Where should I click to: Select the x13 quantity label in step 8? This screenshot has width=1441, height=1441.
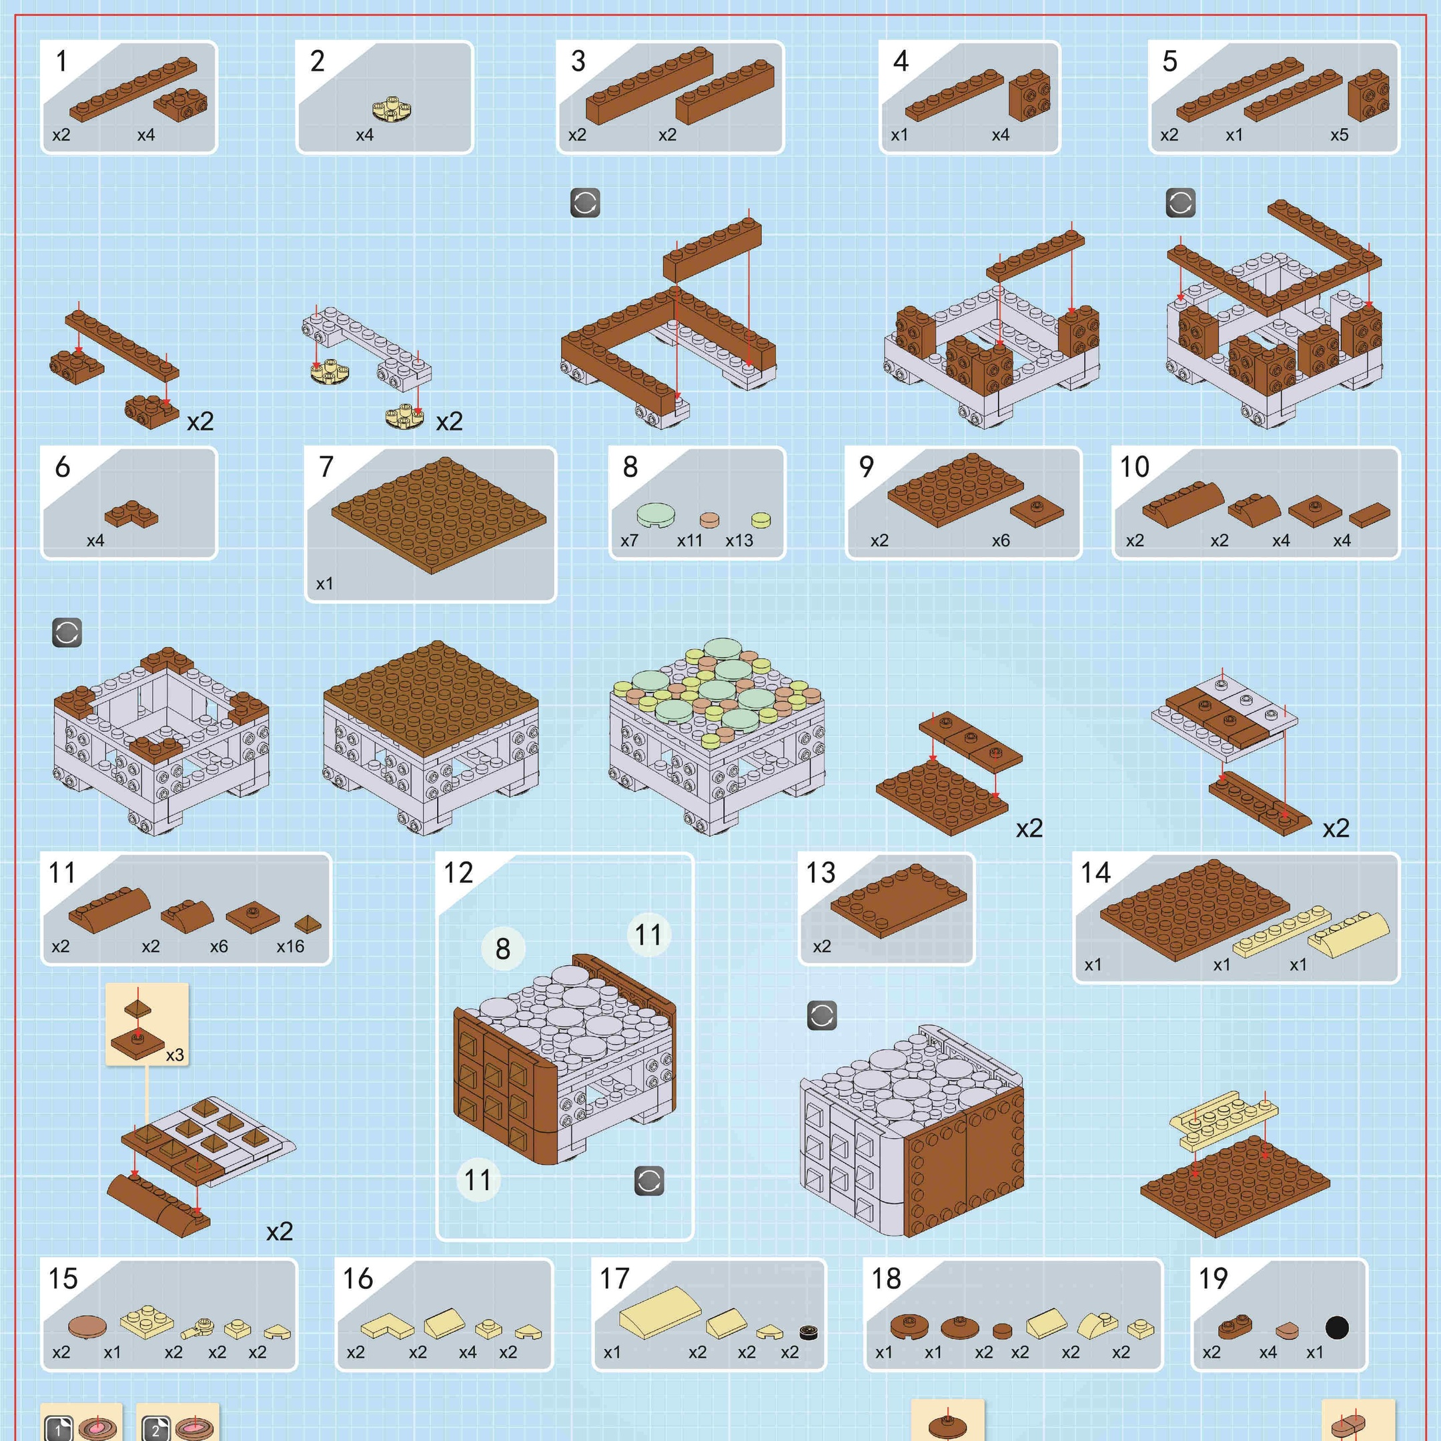click(739, 541)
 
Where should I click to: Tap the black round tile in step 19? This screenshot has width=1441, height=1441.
click(1336, 1328)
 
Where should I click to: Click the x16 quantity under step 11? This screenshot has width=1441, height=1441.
click(290, 947)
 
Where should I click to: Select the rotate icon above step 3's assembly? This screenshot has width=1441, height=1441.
click(585, 203)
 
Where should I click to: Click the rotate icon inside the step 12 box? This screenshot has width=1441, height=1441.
click(649, 1181)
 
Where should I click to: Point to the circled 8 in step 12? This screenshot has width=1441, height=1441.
click(503, 949)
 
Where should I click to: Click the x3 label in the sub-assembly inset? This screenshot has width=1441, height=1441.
click(175, 1055)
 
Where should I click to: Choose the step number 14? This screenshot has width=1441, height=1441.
click(1095, 873)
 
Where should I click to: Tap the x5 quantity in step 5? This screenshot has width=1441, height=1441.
click(1340, 135)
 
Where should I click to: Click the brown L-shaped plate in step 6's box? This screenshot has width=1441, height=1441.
click(131, 514)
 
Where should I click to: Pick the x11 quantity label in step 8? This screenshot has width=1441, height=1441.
click(690, 541)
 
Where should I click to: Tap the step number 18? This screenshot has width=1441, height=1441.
click(886, 1278)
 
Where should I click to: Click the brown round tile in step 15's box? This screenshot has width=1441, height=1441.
click(87, 1327)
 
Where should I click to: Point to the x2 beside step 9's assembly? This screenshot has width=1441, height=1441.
click(1029, 828)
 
